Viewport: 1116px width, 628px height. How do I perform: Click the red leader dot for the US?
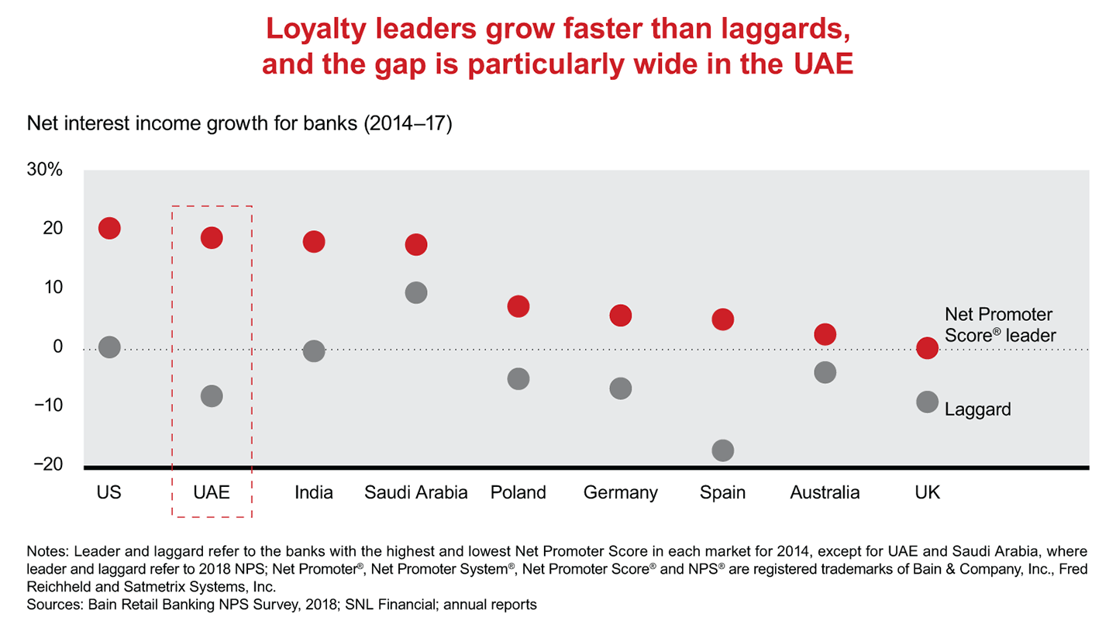point(109,228)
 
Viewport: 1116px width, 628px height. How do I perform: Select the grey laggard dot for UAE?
point(212,396)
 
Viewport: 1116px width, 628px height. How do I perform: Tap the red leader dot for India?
point(314,241)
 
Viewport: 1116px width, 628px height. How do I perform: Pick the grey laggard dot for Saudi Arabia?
point(416,292)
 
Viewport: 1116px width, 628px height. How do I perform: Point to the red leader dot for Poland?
point(518,306)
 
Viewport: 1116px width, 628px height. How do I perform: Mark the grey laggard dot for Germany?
point(621,388)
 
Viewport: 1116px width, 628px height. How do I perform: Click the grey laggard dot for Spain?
point(723,450)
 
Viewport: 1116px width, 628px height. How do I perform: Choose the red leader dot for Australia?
point(825,334)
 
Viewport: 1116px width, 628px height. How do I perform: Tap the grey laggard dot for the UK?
point(928,402)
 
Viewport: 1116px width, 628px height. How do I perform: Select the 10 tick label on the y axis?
point(53,288)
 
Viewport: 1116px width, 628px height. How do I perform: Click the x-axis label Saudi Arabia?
point(416,493)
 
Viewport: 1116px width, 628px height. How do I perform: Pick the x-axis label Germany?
point(621,493)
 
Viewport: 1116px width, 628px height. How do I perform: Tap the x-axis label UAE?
point(212,493)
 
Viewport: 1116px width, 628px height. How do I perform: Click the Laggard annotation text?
point(978,409)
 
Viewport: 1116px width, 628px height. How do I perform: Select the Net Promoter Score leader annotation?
point(1001,326)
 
